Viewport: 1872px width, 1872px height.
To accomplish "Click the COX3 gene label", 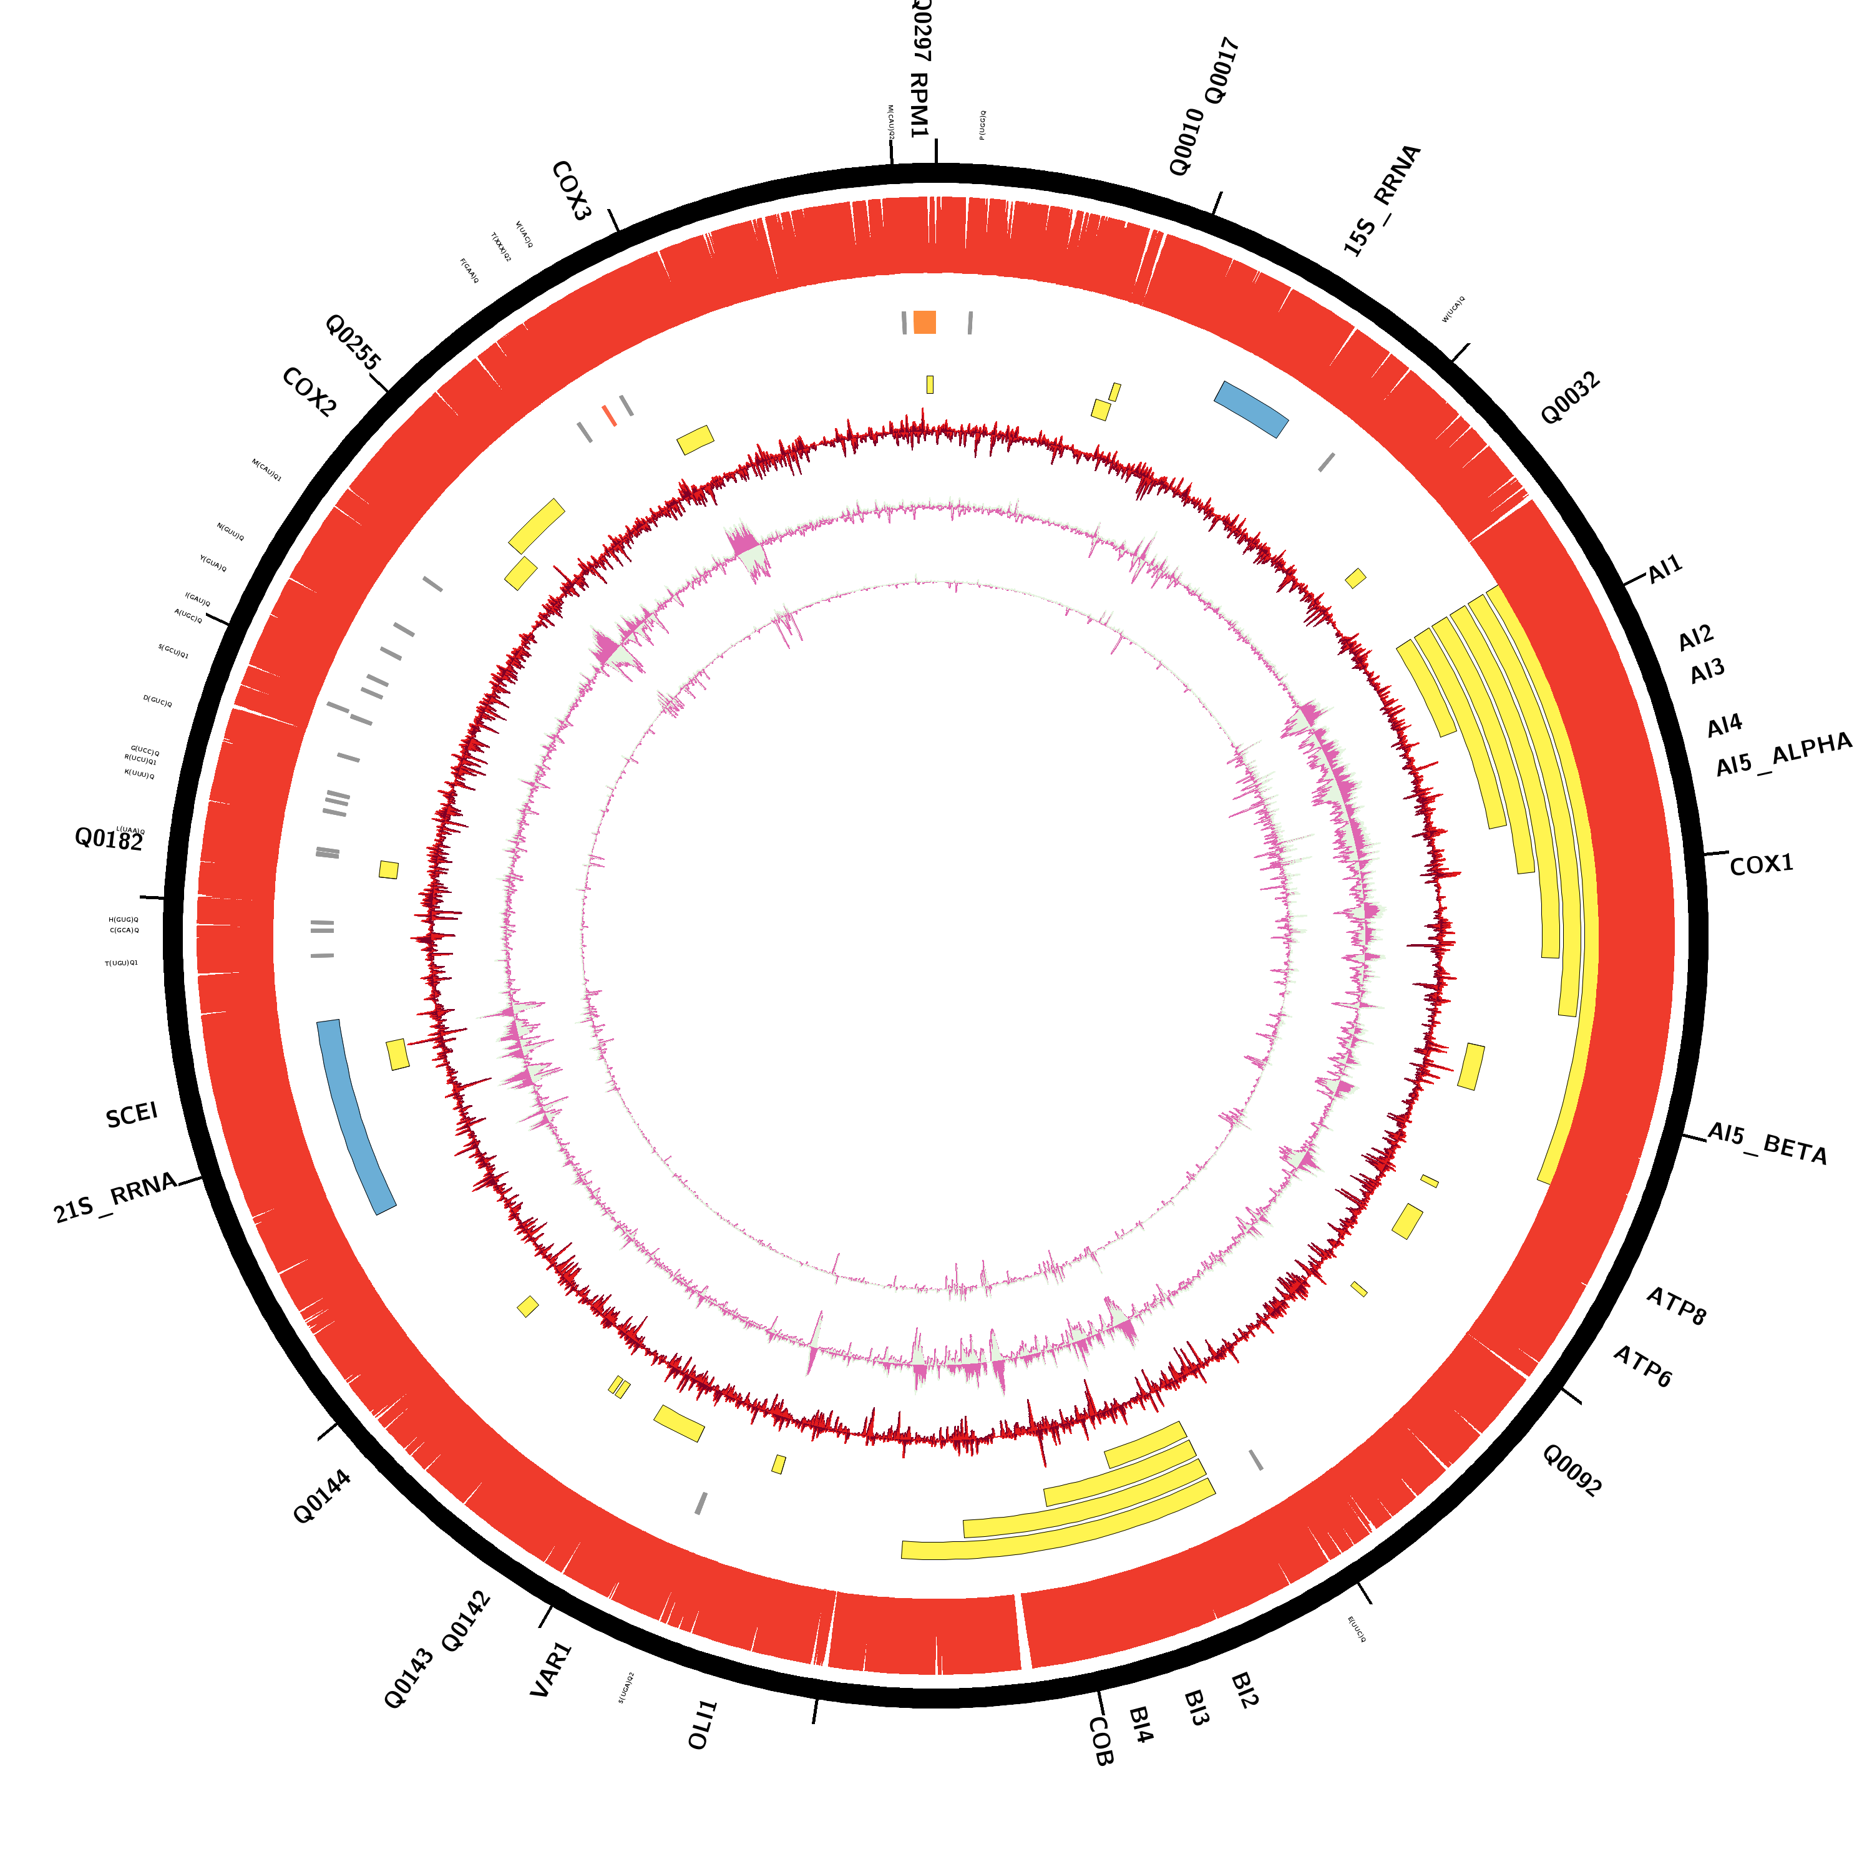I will click(x=571, y=191).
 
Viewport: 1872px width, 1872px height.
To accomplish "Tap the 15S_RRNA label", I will click(x=1382, y=200).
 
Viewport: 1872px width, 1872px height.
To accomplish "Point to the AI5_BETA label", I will click(x=1767, y=1143).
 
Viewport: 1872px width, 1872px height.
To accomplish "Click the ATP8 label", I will click(x=1676, y=1305).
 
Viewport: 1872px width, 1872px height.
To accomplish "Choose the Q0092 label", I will click(x=1572, y=1470).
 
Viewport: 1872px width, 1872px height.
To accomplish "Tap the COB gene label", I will click(x=1101, y=1741).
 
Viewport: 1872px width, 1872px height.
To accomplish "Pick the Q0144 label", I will click(x=322, y=1497).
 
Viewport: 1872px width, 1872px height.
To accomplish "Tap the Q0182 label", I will click(x=109, y=839).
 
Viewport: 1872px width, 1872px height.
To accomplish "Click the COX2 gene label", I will click(x=309, y=392).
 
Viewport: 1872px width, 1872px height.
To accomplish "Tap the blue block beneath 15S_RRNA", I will click(x=1251, y=408).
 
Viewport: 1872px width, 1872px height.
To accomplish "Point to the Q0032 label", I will click(x=1570, y=398).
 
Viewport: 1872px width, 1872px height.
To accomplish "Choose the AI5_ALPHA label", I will click(x=1783, y=755).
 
